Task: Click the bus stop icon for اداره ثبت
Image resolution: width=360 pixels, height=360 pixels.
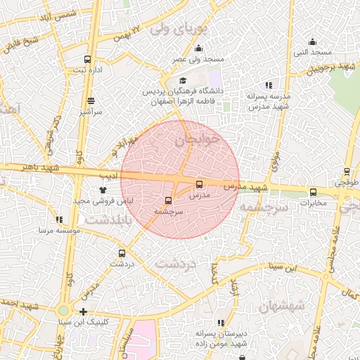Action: click(87, 60)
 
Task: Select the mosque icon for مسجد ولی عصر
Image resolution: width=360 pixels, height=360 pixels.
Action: click(198, 49)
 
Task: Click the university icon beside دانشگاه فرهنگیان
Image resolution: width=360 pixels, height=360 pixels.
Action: click(184, 81)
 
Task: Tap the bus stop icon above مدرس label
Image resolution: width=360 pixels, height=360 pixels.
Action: click(198, 184)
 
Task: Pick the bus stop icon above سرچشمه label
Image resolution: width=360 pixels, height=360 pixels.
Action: click(168, 200)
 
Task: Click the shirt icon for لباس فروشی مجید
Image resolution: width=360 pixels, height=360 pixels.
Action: click(103, 189)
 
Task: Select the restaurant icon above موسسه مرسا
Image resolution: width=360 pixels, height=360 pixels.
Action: click(59, 219)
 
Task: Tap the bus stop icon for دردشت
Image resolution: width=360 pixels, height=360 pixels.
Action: click(122, 253)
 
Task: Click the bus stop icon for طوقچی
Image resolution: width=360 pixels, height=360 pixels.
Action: click(347, 171)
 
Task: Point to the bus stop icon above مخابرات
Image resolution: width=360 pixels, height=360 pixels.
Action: click(314, 192)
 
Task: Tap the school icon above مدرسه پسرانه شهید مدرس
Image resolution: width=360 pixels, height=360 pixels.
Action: click(269, 84)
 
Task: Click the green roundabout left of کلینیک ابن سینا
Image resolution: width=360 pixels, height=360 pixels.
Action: click(64, 310)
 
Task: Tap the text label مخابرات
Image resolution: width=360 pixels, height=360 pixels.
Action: click(314, 204)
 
